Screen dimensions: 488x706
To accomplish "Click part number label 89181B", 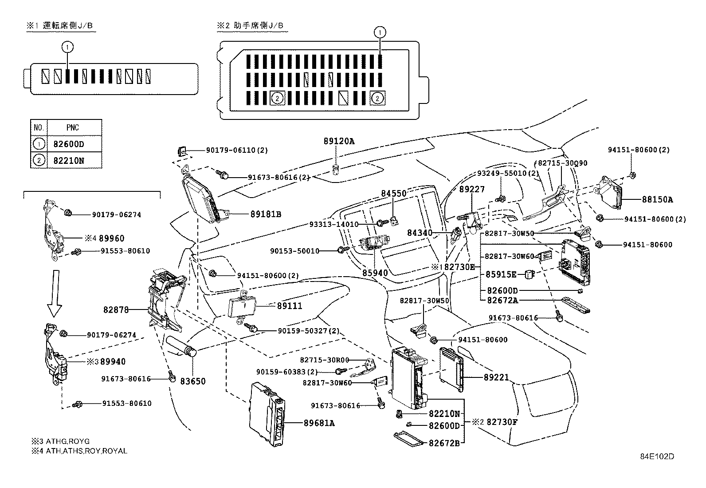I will point(266,214).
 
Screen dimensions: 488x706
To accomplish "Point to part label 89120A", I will point(339,141).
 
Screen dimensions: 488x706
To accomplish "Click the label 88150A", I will point(657,200).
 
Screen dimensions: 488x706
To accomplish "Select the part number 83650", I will point(193,381).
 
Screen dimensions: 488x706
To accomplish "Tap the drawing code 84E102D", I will point(657,456).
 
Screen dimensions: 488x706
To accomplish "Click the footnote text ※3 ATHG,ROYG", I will point(60,441).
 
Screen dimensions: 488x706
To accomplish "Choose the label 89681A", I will point(319,423).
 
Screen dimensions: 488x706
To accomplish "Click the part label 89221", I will point(496,377).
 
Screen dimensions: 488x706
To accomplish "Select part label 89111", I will point(289,306).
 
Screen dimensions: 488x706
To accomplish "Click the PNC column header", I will point(73,127).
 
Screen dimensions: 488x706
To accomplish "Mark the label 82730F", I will point(502,422).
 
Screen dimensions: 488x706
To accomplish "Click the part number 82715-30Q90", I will point(563,163).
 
